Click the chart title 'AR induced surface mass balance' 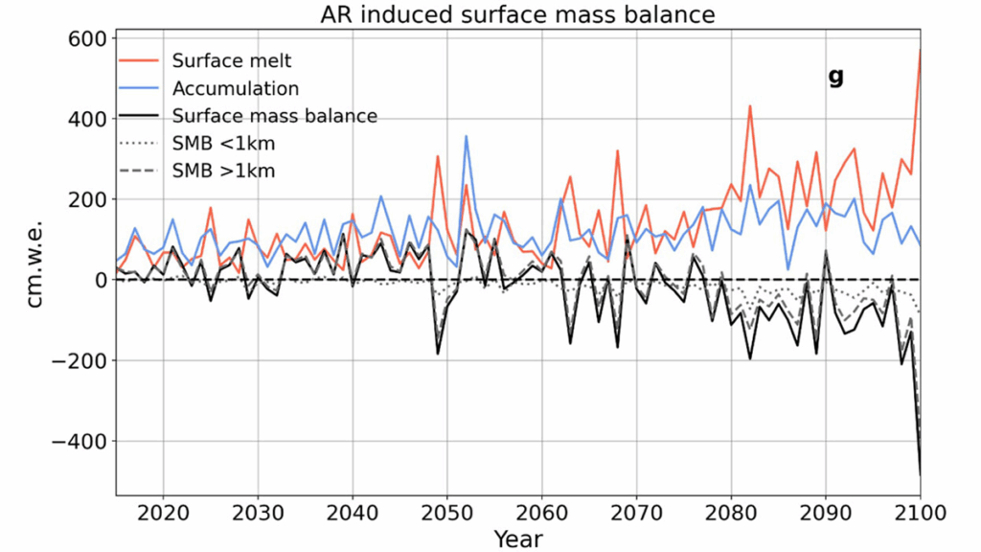point(518,13)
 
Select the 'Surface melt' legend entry point(231,60)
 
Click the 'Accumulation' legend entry point(236,88)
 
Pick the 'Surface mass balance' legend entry point(274,116)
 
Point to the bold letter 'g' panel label point(835,77)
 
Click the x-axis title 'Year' point(518,538)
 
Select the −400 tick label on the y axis point(81,441)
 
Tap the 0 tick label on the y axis point(99,280)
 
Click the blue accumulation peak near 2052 point(467,136)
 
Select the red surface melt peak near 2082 point(750,106)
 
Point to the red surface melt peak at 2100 point(920,50)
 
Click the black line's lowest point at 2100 point(920,473)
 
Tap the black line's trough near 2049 point(438,354)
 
